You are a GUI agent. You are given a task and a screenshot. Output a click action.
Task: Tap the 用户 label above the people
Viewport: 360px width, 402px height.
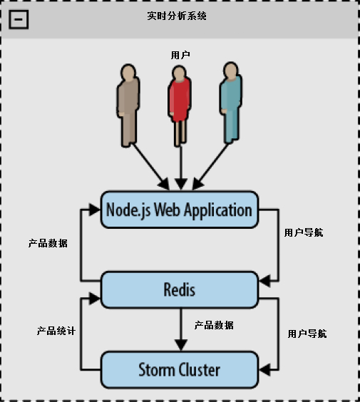pos(181,55)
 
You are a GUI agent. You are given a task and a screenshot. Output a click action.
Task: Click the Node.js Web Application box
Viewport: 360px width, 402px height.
pos(179,210)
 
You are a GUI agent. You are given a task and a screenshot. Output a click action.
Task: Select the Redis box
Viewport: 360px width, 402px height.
pos(179,289)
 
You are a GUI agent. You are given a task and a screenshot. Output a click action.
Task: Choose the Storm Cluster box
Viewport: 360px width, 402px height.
pos(179,370)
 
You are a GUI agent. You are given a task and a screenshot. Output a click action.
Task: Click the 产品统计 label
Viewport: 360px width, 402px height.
pos(57,331)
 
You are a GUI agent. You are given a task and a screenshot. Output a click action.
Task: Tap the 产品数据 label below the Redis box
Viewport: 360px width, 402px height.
pos(214,325)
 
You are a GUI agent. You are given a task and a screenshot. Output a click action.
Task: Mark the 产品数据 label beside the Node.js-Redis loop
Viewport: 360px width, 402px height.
pos(48,243)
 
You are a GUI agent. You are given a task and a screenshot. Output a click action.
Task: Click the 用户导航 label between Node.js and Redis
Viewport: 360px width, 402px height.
pos(303,232)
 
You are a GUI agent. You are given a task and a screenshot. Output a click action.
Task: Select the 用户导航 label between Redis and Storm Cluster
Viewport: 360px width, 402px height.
pos(307,333)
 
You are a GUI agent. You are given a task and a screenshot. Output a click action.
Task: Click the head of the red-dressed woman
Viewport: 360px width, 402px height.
pos(178,73)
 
